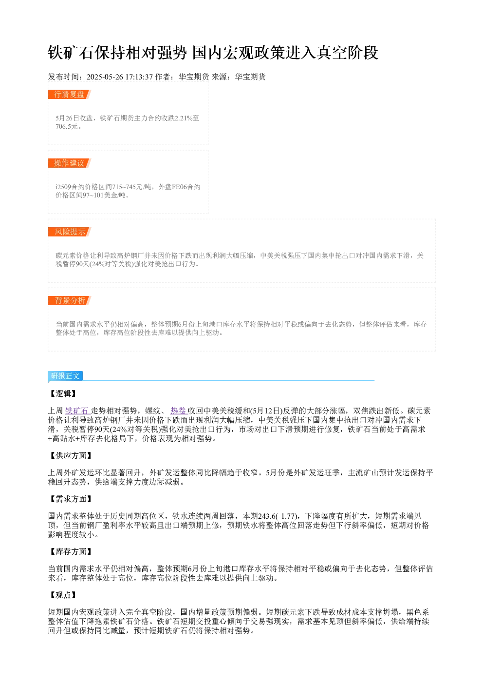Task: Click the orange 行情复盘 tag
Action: pyautogui.click(x=70, y=95)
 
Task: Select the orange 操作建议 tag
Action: pyautogui.click(x=70, y=163)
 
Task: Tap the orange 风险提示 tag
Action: pyautogui.click(x=70, y=232)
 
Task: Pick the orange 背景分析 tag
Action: pyautogui.click(x=70, y=300)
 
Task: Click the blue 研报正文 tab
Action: pyautogui.click(x=65, y=375)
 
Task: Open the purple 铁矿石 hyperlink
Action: pyautogui.click(x=77, y=410)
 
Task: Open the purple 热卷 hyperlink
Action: pyautogui.click(x=178, y=410)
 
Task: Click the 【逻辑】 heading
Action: pyautogui.click(x=62, y=393)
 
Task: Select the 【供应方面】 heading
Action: pyautogui.click(x=70, y=455)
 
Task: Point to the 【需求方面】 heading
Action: pyautogui.click(x=70, y=499)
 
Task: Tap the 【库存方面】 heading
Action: pyautogui.click(x=70, y=551)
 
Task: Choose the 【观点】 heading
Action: pyautogui.click(x=62, y=595)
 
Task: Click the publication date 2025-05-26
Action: pyautogui.click(x=105, y=77)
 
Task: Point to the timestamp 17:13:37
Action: pyautogui.click(x=139, y=77)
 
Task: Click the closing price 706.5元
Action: pyautogui.click(x=67, y=126)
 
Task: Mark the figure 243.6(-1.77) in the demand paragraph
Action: pyautogui.click(x=278, y=516)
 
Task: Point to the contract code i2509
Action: pyautogui.click(x=63, y=187)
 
